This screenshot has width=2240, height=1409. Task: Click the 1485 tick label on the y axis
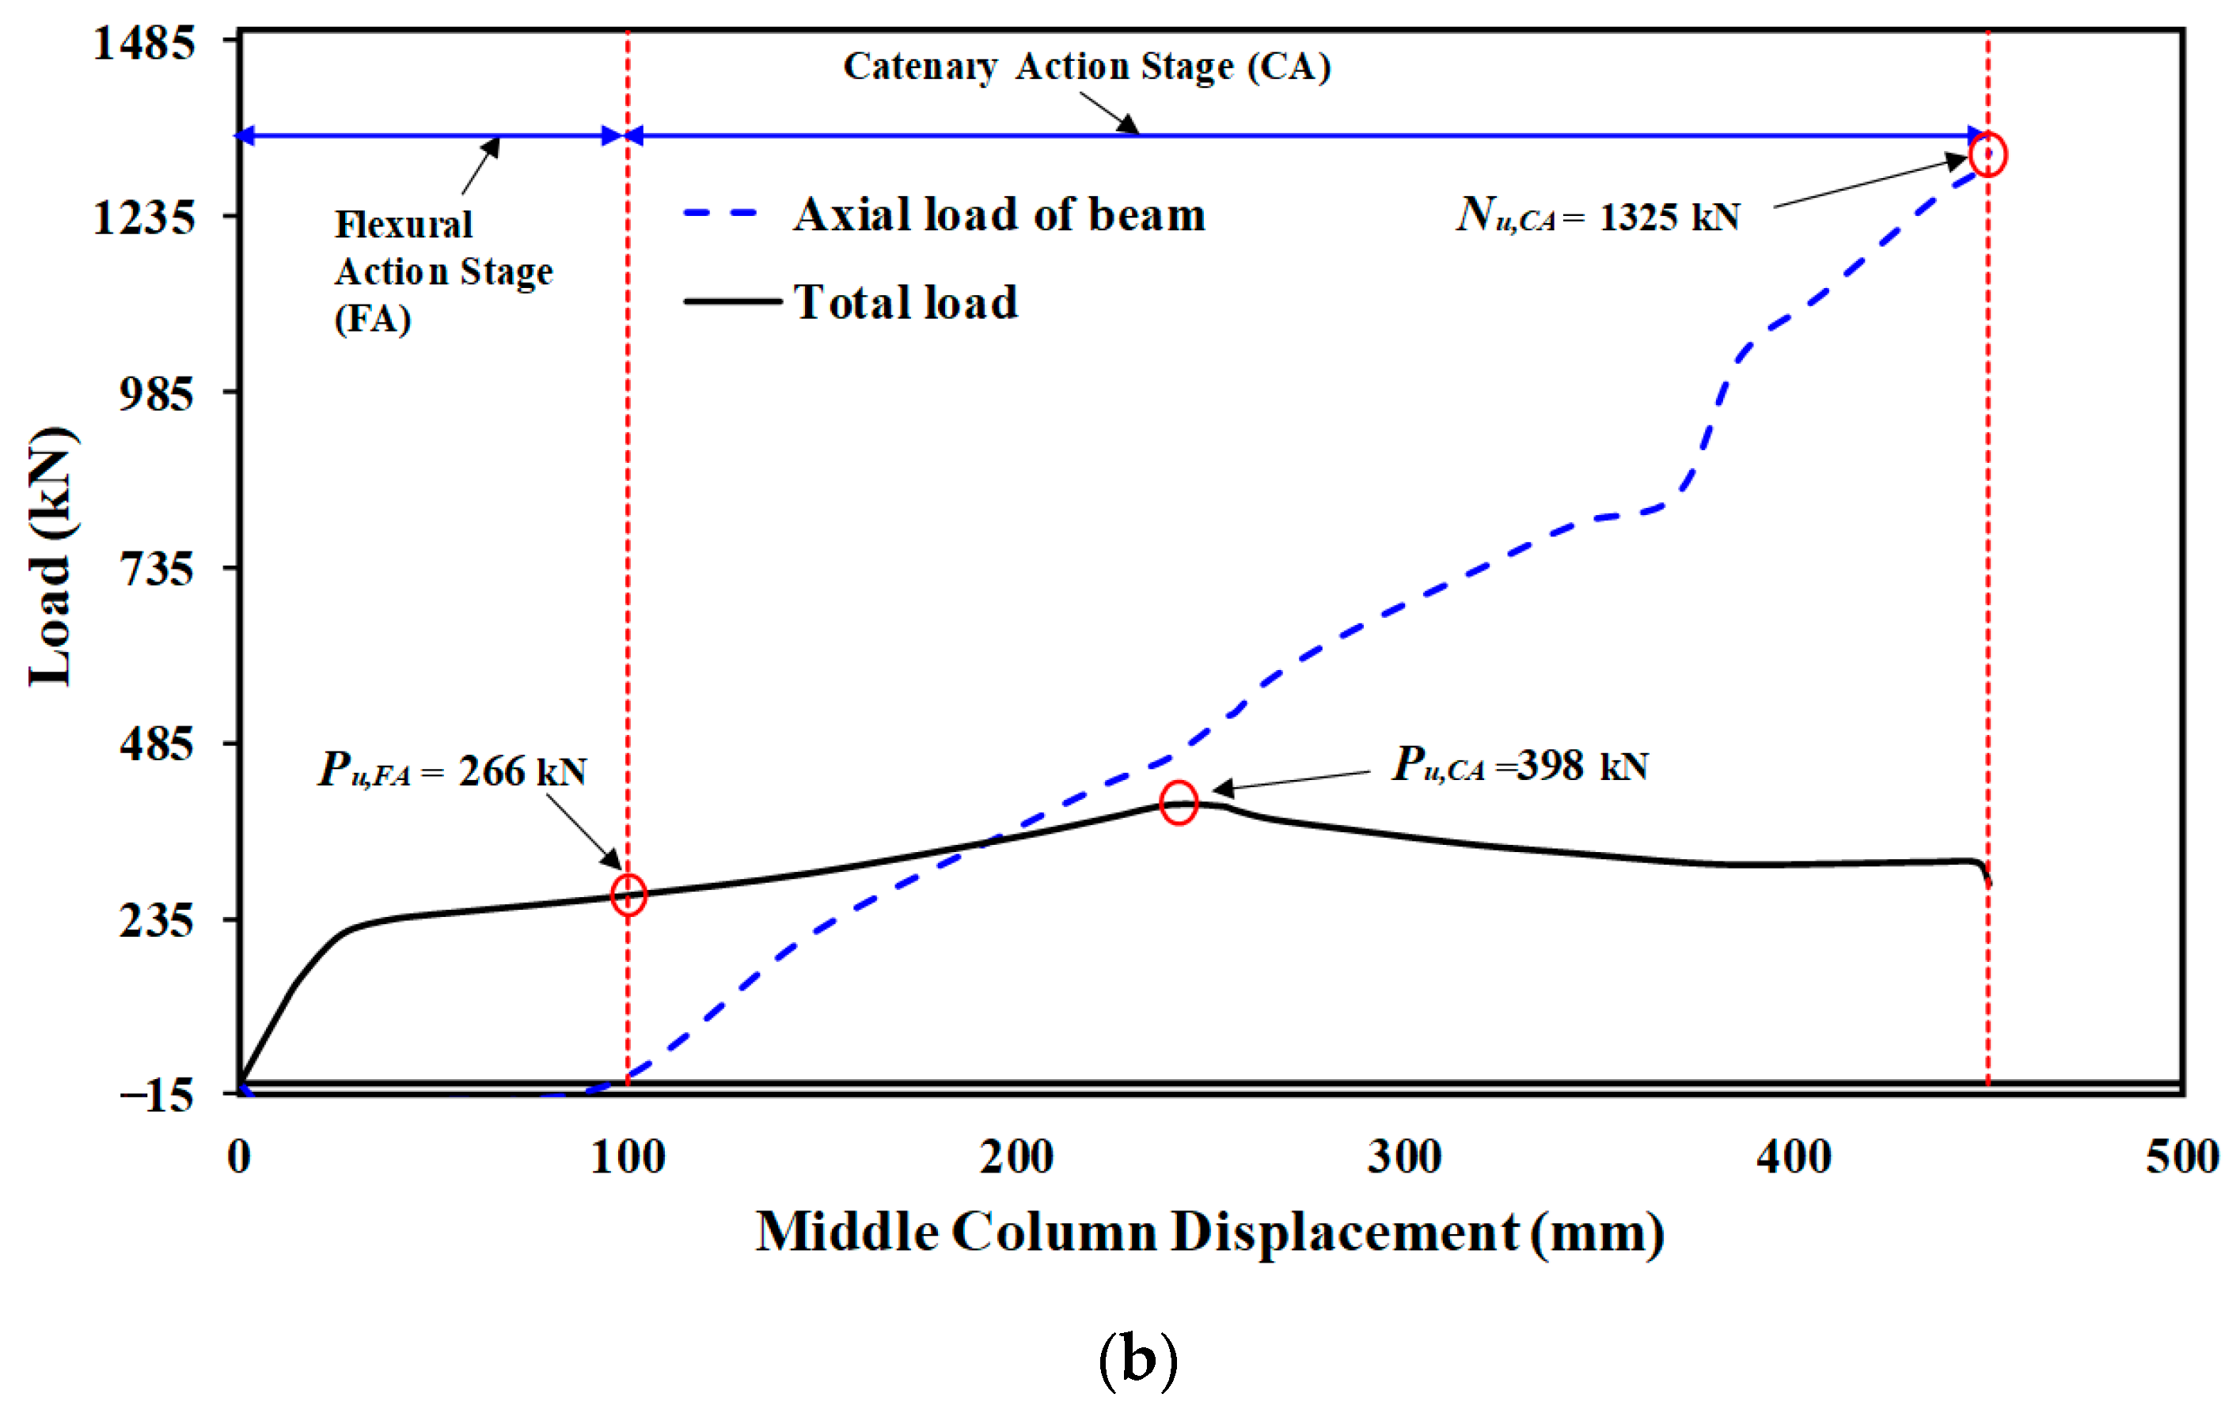[143, 43]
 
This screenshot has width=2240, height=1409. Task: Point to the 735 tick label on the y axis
[155, 568]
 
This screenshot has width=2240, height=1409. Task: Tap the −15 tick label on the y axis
[155, 1096]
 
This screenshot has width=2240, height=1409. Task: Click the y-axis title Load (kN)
[51, 558]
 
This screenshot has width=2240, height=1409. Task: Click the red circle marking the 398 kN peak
[1179, 804]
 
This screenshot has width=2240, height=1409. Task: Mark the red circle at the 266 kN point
[628, 895]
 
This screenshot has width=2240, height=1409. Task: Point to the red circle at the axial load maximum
[1988, 154]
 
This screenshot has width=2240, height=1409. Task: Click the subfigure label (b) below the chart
[1137, 1360]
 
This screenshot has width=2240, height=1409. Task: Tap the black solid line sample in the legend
[732, 301]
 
